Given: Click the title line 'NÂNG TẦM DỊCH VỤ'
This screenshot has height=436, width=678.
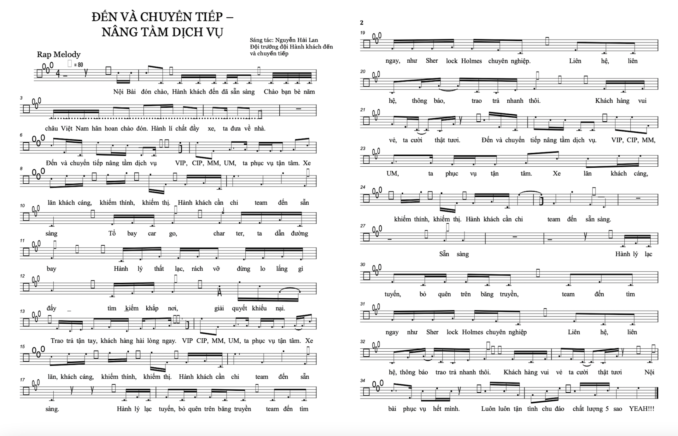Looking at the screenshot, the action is click(x=162, y=32).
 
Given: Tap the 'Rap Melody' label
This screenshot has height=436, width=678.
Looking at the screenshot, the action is click(x=59, y=54).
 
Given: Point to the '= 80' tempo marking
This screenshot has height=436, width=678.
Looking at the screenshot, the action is click(x=79, y=65).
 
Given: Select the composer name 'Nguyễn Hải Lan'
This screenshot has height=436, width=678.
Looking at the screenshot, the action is click(x=296, y=40).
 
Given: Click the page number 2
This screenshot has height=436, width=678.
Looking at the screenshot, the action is click(x=362, y=23).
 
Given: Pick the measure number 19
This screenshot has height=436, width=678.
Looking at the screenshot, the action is click(x=363, y=33).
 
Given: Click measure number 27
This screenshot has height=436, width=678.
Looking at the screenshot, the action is click(x=363, y=226).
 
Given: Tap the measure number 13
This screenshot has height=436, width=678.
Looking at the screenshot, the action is click(x=22, y=311).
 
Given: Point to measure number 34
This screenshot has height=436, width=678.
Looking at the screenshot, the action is click(x=363, y=381).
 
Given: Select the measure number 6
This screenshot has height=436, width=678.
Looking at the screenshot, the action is click(x=21, y=135).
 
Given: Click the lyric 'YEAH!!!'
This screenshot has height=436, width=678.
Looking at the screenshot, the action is click(x=641, y=409).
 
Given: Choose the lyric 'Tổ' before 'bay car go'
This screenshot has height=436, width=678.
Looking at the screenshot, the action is click(x=112, y=233).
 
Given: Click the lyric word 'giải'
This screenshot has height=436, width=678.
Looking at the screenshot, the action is click(x=219, y=308).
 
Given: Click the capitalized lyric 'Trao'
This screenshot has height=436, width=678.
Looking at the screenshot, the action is click(x=57, y=341).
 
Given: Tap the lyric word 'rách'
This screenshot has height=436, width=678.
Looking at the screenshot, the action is click(x=197, y=269).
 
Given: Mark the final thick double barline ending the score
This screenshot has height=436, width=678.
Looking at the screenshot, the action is click(x=657, y=393).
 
